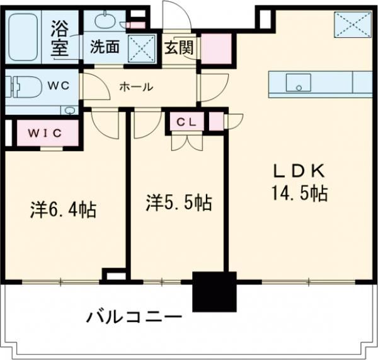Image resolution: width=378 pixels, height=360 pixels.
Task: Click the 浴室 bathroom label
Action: coord(60,40)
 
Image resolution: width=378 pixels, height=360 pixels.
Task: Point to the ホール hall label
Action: coord(135,87)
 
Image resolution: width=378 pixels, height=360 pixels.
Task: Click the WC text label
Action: coord(60,84)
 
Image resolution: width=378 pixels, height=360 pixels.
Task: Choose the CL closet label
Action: coord(186,122)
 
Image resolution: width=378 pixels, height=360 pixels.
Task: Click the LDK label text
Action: coord(299,170)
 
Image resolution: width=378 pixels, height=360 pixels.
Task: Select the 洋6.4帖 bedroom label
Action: coord(64,209)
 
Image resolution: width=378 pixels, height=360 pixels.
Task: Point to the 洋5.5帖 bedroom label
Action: coord(179,203)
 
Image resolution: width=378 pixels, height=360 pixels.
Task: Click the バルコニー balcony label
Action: coord(135,316)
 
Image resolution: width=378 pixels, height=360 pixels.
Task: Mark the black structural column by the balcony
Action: coord(214,291)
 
